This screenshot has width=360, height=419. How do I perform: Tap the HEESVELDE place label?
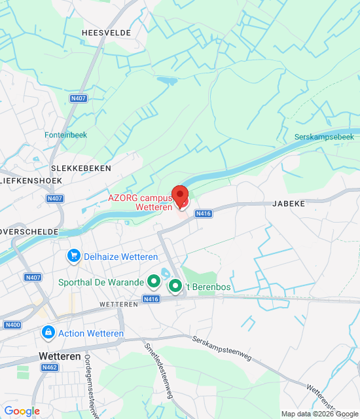pos(107,32)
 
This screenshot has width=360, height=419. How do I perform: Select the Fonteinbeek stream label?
pos(65,135)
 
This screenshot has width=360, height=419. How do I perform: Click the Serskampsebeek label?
pos(324,137)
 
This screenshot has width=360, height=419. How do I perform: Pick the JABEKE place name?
pos(288,204)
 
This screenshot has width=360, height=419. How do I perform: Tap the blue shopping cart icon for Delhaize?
pos(74,256)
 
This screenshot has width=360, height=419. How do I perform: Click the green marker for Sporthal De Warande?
pos(154,282)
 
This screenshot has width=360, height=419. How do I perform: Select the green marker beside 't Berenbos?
pos(175,286)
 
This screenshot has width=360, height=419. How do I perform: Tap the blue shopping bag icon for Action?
pos(48,333)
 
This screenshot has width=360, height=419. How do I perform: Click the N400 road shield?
pos(12,325)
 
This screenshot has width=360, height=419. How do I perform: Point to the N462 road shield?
pos(50,367)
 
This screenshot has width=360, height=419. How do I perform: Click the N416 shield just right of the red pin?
pos(204,213)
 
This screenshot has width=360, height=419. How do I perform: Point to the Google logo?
pos(22,411)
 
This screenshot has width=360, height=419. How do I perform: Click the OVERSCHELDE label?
pos(29,232)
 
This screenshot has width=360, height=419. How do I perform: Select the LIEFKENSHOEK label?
pos(31,180)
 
